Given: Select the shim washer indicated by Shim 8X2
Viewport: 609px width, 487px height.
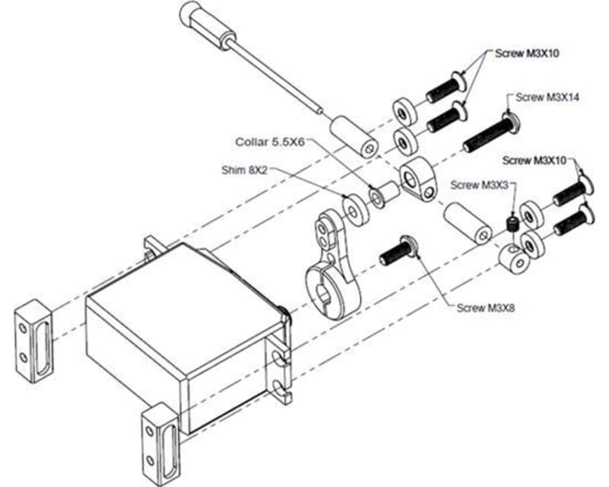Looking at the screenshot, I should pyautogui.click(x=355, y=208).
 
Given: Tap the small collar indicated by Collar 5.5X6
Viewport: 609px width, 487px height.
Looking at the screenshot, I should pyautogui.click(x=381, y=194).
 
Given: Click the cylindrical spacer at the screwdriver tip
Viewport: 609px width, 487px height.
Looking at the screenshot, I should pyautogui.click(x=355, y=138).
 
